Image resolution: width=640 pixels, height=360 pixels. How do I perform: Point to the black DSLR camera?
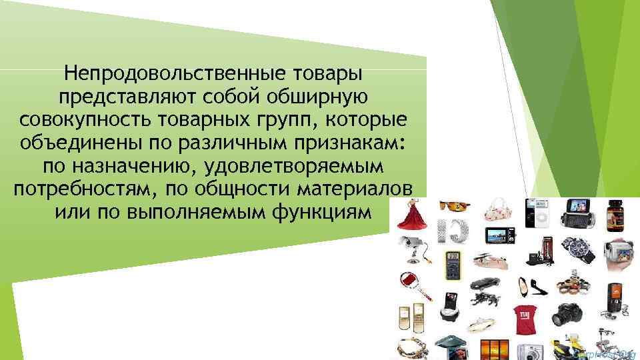(571, 313)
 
